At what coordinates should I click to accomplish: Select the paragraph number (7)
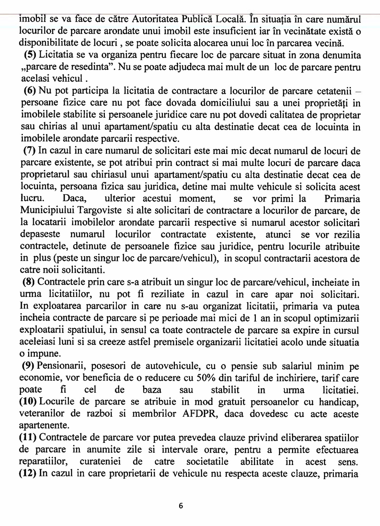[x=30, y=151]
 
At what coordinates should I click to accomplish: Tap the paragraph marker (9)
[x=28, y=366]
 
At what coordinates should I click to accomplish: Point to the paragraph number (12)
[x=27, y=473]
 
